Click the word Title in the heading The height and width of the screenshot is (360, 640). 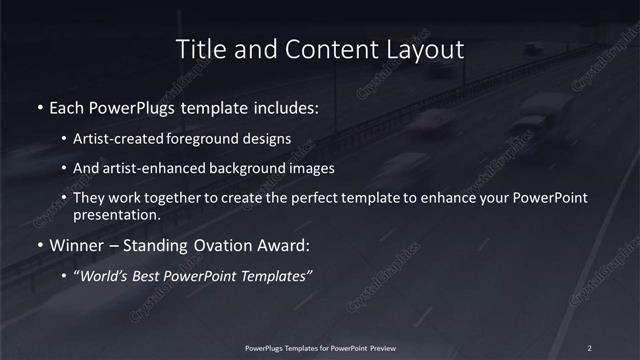(x=199, y=49)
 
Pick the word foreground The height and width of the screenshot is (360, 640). (x=204, y=139)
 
